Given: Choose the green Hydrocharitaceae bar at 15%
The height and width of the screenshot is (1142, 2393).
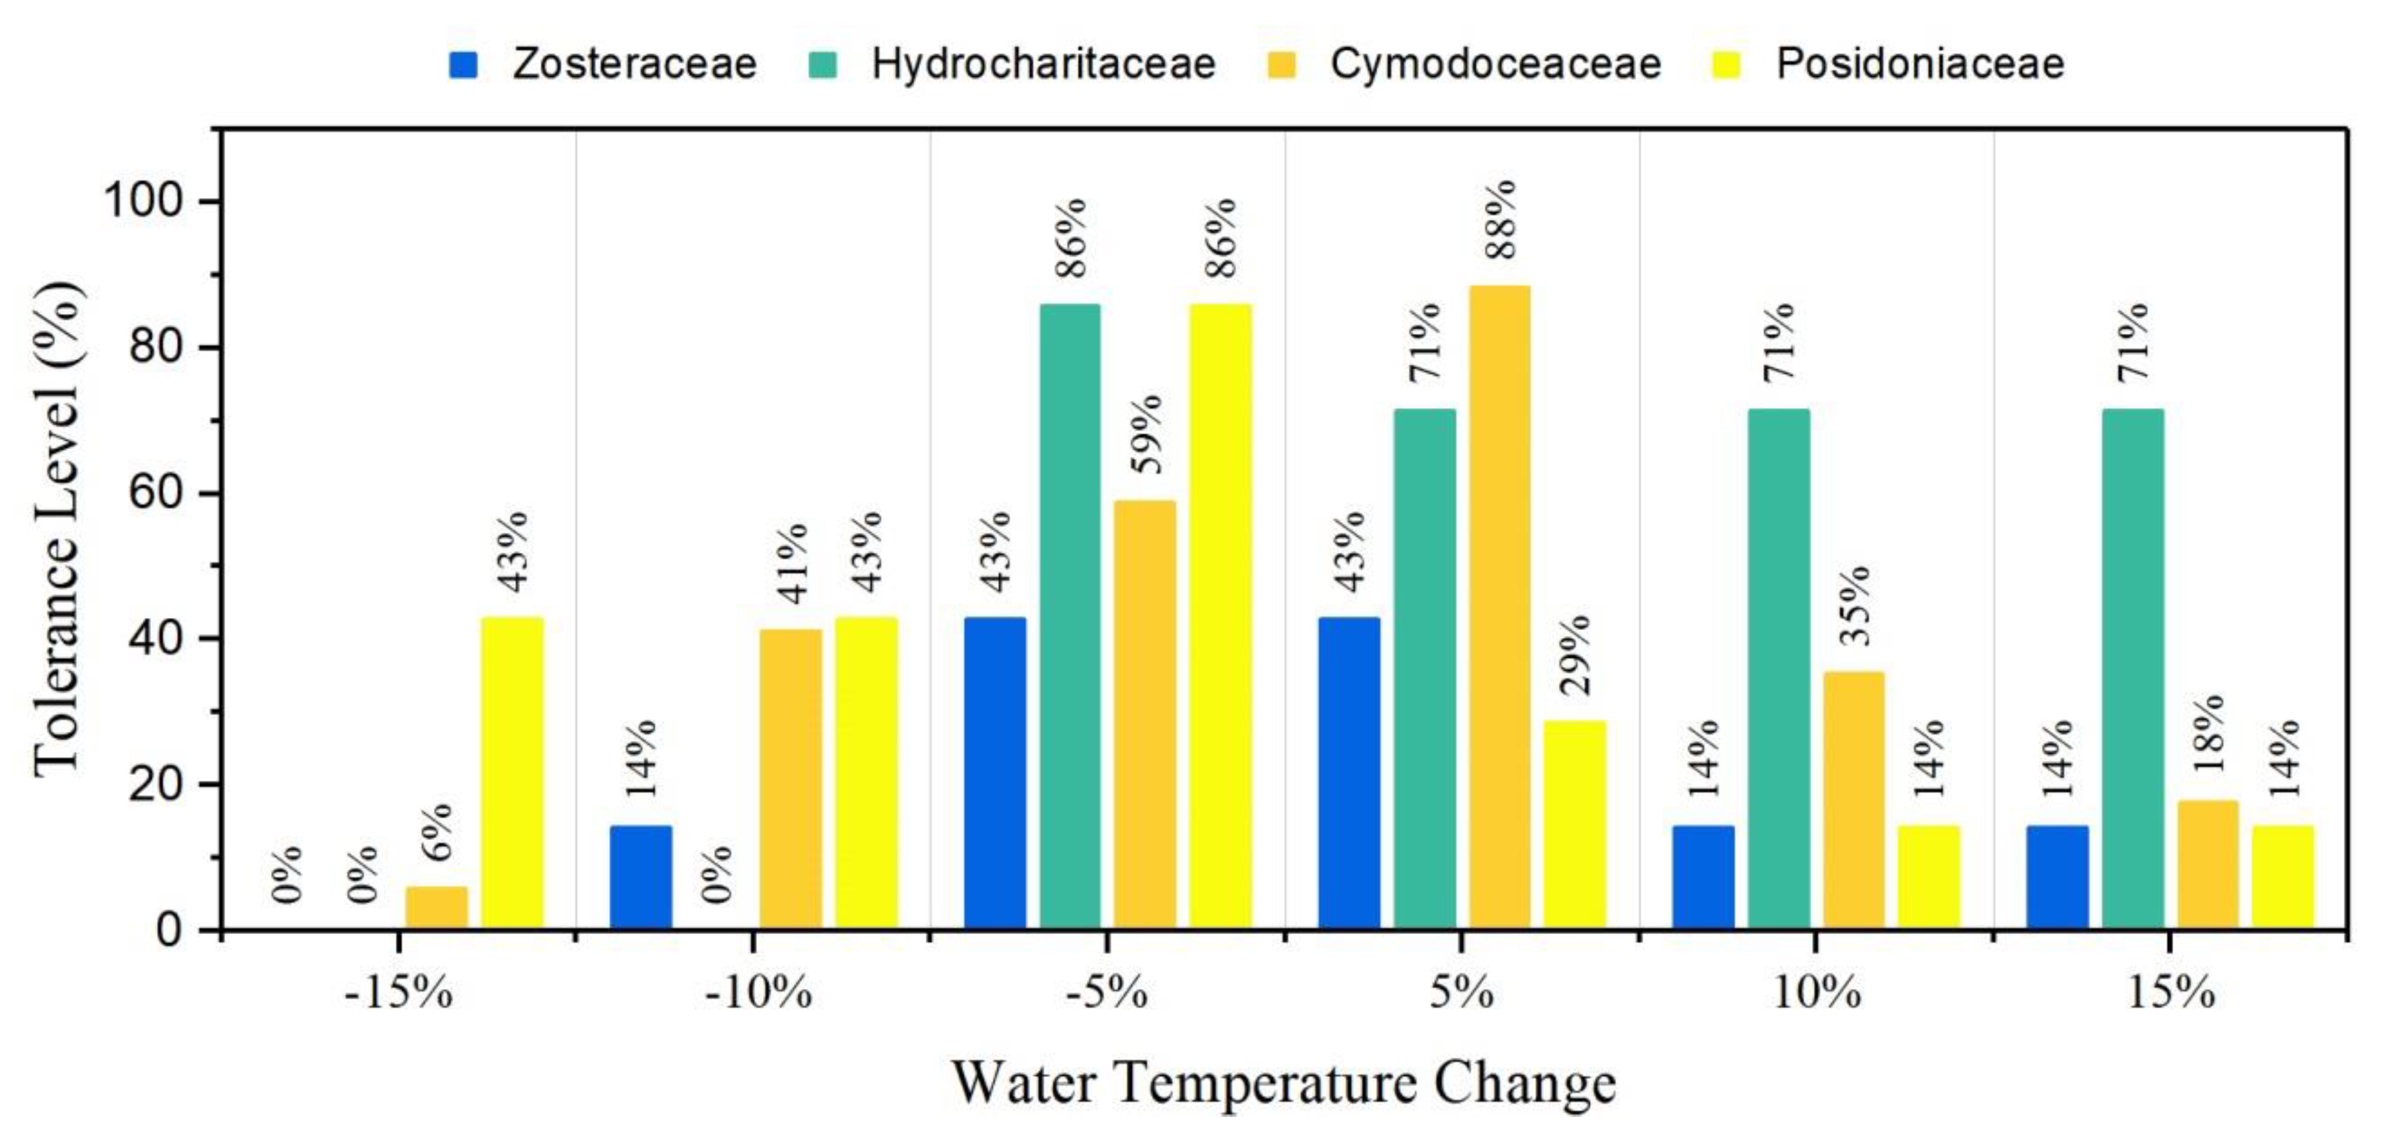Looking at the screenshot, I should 2133,668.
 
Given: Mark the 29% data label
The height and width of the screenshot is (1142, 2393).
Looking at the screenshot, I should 1574,655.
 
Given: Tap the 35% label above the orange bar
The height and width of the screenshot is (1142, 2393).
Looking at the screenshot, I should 1853,605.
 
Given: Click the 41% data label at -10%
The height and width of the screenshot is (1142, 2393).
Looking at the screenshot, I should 791,564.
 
